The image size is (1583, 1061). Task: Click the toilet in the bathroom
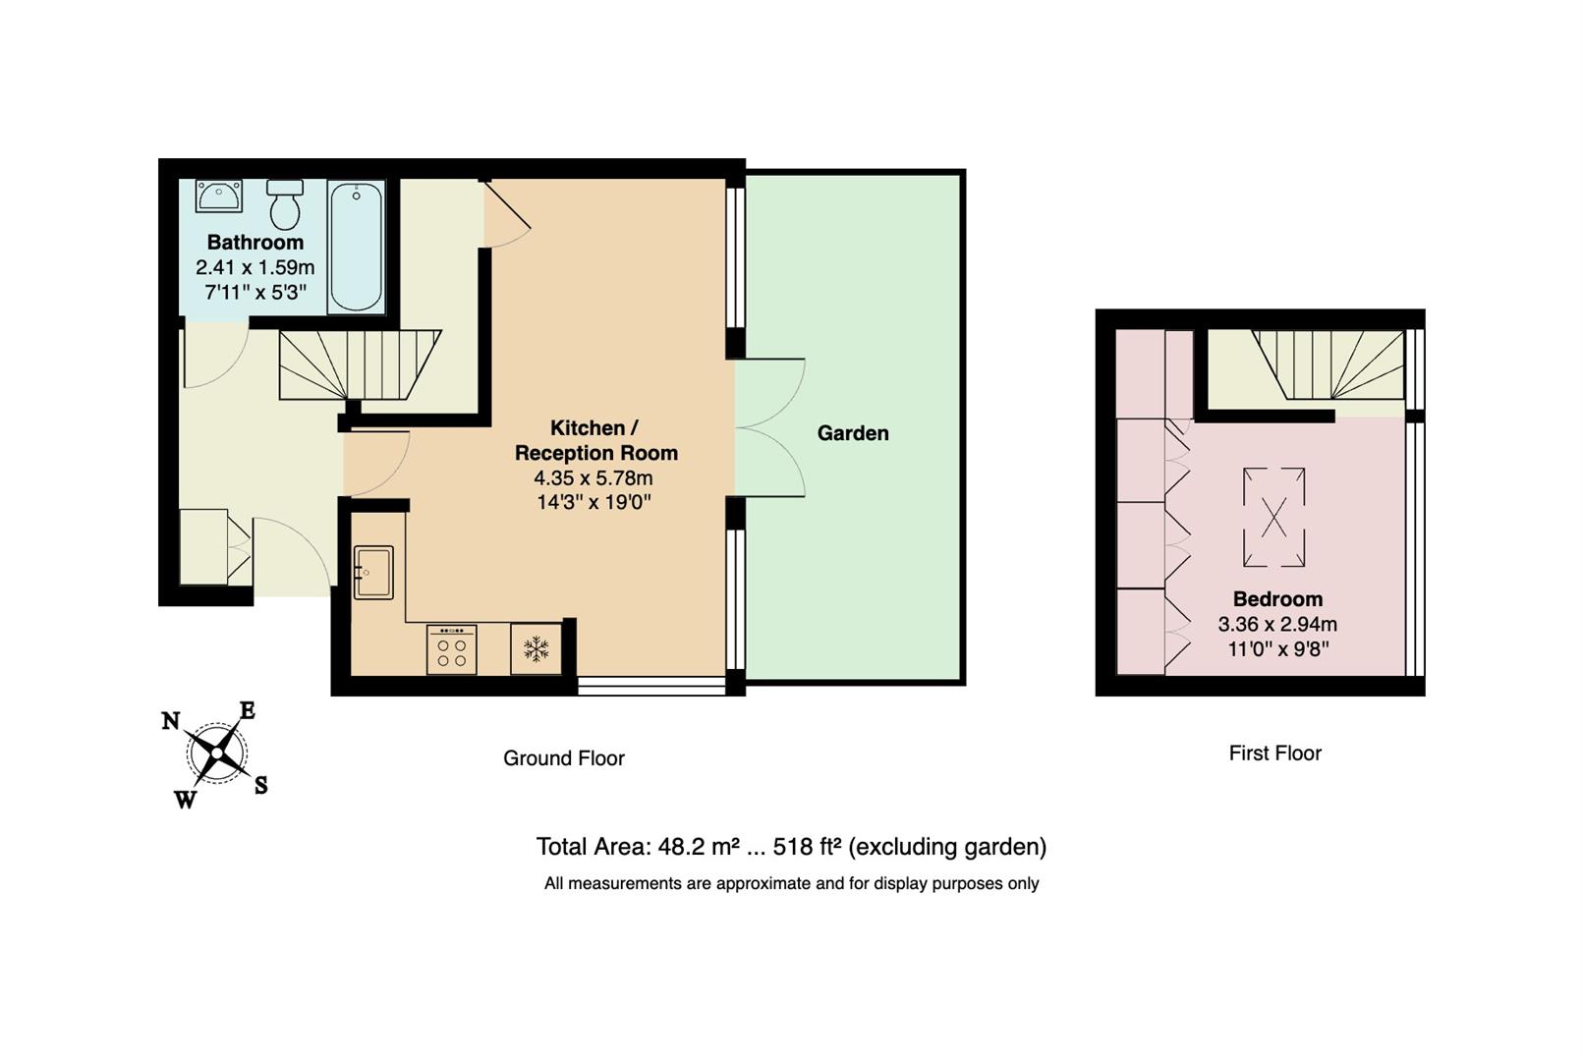pos(285,204)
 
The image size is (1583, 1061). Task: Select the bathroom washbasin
pos(218,195)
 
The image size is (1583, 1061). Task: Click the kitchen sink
pos(373,572)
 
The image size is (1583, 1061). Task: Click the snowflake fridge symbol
pos(536,648)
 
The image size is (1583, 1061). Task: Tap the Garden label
pos(853,433)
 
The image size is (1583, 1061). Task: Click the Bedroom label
pos(1277,599)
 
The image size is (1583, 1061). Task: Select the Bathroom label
pos(255,243)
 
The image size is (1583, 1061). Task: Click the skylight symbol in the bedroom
pos(1273,517)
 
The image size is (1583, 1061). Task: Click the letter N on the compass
pos(171,721)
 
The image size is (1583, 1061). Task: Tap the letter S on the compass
pos(260,785)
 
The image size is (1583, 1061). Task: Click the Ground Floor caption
pos(564,758)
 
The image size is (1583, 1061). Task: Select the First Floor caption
pos(1274,754)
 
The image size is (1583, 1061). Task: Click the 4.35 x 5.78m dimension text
pos(594,478)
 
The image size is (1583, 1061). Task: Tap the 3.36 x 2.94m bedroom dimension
pos(1277,624)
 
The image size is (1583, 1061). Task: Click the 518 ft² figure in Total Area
pos(807,847)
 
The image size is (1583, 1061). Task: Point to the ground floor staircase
pos(360,364)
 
